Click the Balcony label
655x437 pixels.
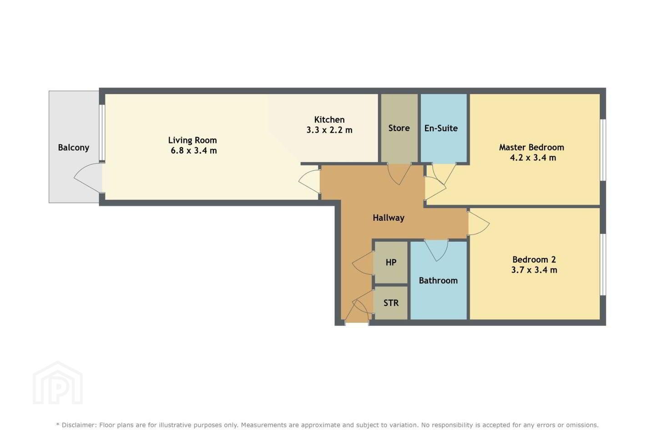tap(73, 147)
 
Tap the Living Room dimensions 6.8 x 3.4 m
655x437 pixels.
tap(194, 151)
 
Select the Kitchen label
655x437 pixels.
tap(329, 120)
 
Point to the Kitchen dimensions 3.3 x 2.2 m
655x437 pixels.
tap(329, 130)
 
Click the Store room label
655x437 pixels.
tap(399, 128)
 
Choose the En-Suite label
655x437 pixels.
tap(441, 128)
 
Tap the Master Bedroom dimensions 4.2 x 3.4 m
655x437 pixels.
tap(533, 158)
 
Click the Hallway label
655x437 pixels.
tap(388, 218)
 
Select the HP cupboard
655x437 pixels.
tap(391, 262)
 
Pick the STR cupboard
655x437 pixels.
tap(391, 303)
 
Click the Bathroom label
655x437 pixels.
tap(438, 281)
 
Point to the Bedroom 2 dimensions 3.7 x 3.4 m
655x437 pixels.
tap(534, 270)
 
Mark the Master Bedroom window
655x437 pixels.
tap(603, 150)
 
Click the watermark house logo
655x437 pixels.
tap(58, 383)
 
